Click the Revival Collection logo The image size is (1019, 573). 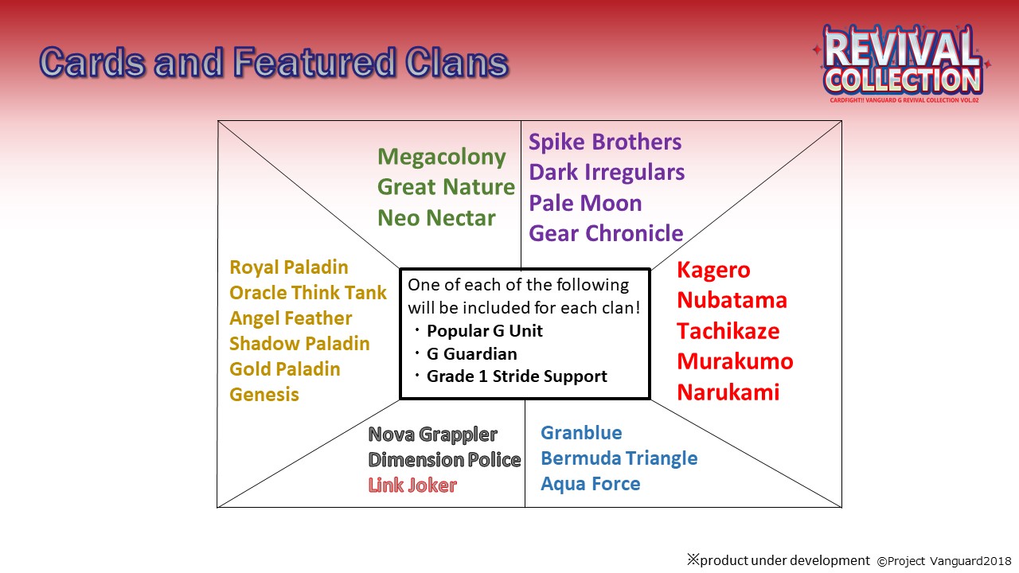903,64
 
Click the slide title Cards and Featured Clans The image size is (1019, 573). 274,62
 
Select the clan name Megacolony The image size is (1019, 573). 441,158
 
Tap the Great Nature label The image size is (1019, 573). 446,187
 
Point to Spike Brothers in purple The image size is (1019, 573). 605,142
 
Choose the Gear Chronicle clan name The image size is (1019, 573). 606,233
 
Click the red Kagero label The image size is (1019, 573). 713,271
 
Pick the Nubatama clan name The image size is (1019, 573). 732,300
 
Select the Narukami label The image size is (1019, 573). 728,392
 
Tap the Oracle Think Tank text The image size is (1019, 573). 308,293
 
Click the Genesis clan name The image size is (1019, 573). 264,395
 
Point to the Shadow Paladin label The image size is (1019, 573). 299,344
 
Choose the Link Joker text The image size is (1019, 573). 412,485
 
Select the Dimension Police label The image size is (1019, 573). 444,460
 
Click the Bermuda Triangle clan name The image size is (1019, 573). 619,458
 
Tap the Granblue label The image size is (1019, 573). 581,433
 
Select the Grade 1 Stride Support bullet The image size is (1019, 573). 510,376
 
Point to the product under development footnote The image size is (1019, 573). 779,560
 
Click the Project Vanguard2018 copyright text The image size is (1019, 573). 944,561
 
